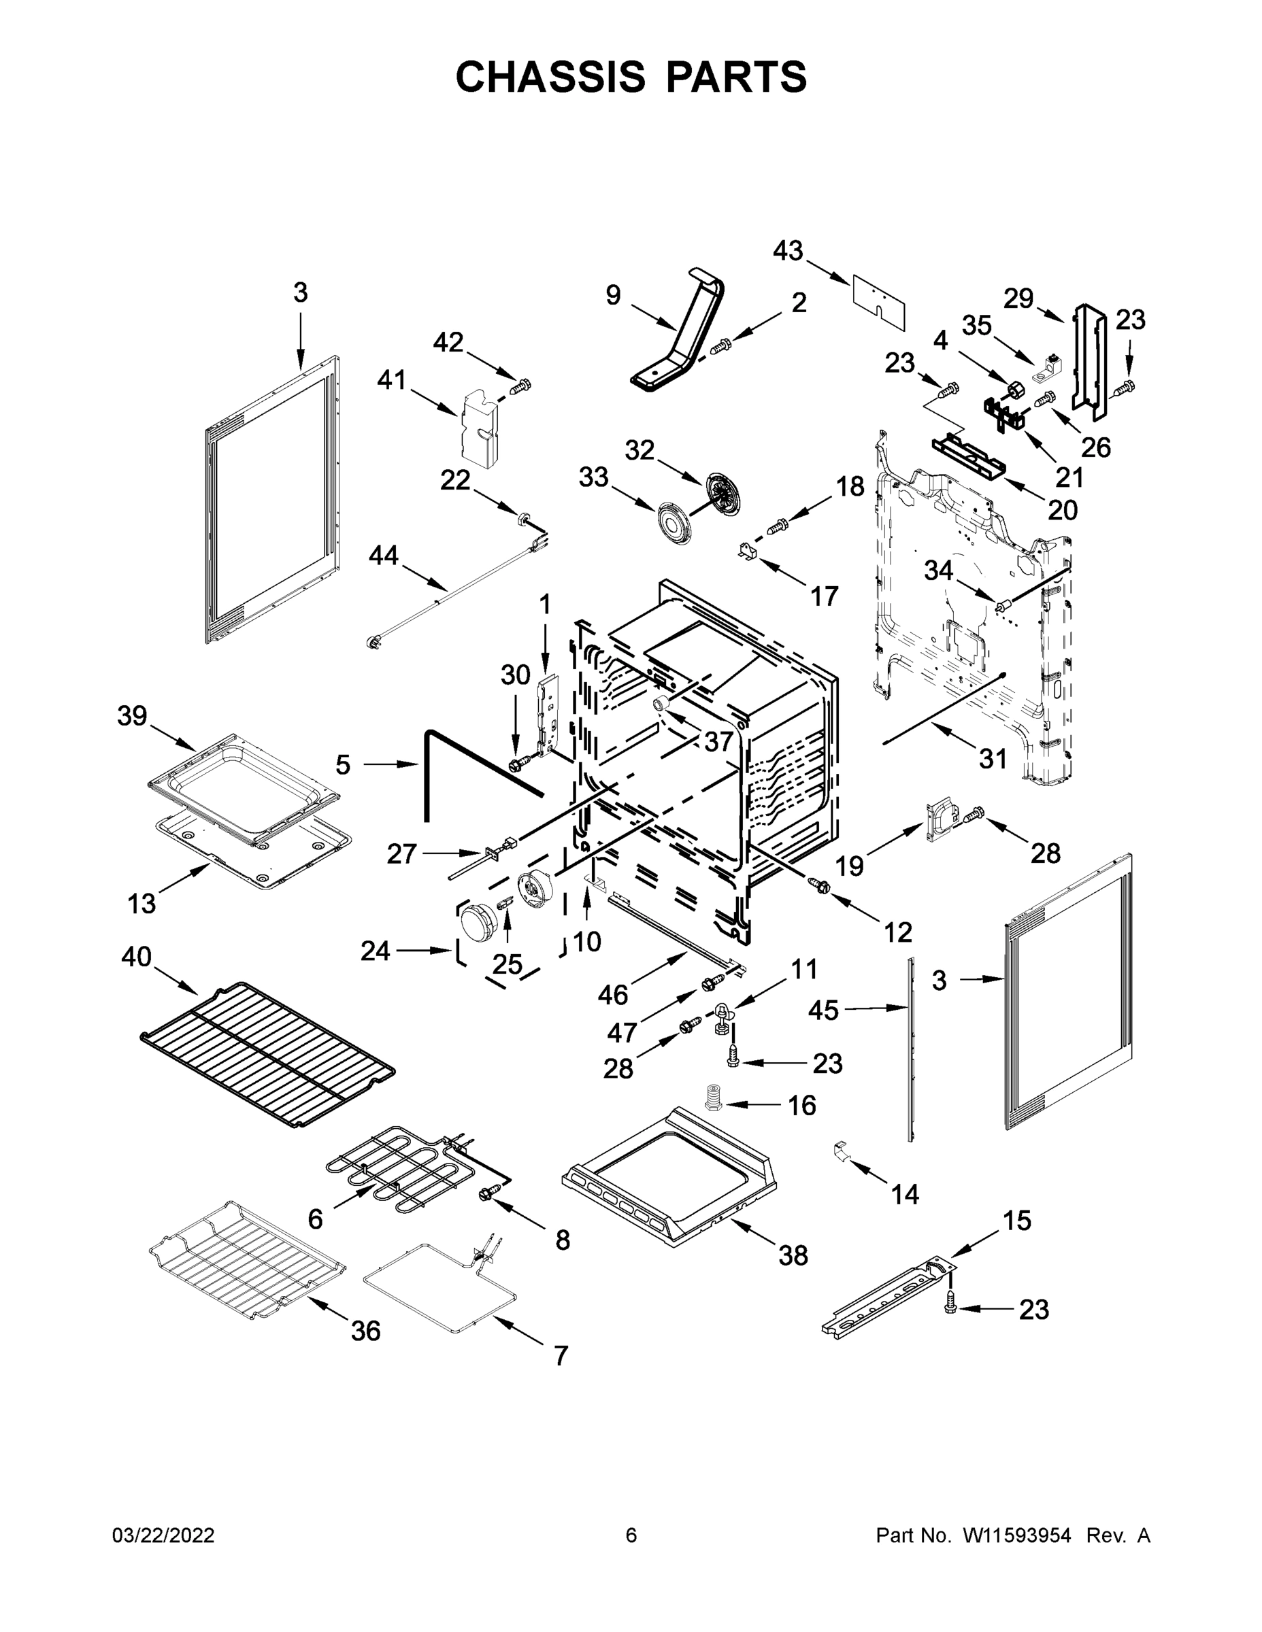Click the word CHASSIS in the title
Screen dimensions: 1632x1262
point(550,76)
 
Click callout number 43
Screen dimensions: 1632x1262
point(788,251)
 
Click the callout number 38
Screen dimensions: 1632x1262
point(793,1256)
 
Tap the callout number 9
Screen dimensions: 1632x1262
point(613,295)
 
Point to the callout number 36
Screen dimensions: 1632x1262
point(365,1331)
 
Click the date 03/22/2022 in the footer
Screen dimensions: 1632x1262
point(163,1535)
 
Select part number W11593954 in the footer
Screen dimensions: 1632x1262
point(1017,1535)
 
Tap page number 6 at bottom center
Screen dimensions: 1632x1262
point(631,1535)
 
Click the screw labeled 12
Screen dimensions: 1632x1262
point(818,885)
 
